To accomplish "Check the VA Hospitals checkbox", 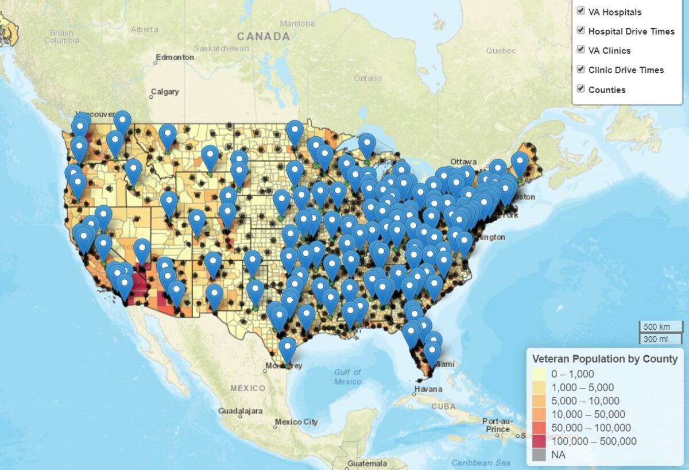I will click(x=580, y=11).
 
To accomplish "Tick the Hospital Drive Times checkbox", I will click(x=580, y=30).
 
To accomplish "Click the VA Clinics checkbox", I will click(x=580, y=50).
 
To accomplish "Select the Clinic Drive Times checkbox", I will click(x=580, y=70).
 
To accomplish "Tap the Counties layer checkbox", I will click(x=580, y=89).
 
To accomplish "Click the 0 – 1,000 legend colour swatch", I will click(x=539, y=373).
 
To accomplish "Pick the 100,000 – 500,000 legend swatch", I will click(x=539, y=441).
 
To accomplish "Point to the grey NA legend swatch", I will click(x=539, y=454).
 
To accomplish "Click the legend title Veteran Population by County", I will click(x=605, y=359).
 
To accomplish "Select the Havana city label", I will click(x=428, y=389).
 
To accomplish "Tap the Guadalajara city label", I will click(x=240, y=411).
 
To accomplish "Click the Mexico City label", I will click(x=296, y=422).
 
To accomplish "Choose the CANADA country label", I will click(x=264, y=36).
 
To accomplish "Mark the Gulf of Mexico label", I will click(x=347, y=377).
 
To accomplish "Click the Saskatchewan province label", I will click(x=221, y=48).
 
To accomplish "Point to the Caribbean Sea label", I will click(x=481, y=463).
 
